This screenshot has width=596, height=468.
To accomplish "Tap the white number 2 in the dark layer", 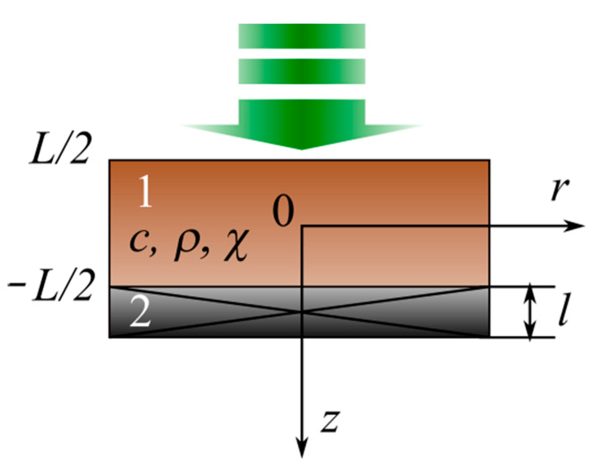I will tap(140, 312).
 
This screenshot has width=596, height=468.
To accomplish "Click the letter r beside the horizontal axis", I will tap(560, 190).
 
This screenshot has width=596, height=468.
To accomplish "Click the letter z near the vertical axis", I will tap(330, 421).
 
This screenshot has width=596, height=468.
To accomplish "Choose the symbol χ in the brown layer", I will tap(235, 244).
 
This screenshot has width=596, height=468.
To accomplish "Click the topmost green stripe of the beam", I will tap(302, 36).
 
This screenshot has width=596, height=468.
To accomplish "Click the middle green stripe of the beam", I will tap(302, 71).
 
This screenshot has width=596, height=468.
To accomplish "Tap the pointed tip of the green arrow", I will tap(302, 149).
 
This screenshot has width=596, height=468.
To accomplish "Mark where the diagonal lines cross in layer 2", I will tap(302, 312).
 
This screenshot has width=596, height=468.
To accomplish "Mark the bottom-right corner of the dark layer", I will tap(489, 337).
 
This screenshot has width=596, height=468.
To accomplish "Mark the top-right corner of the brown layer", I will tap(489, 160).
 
